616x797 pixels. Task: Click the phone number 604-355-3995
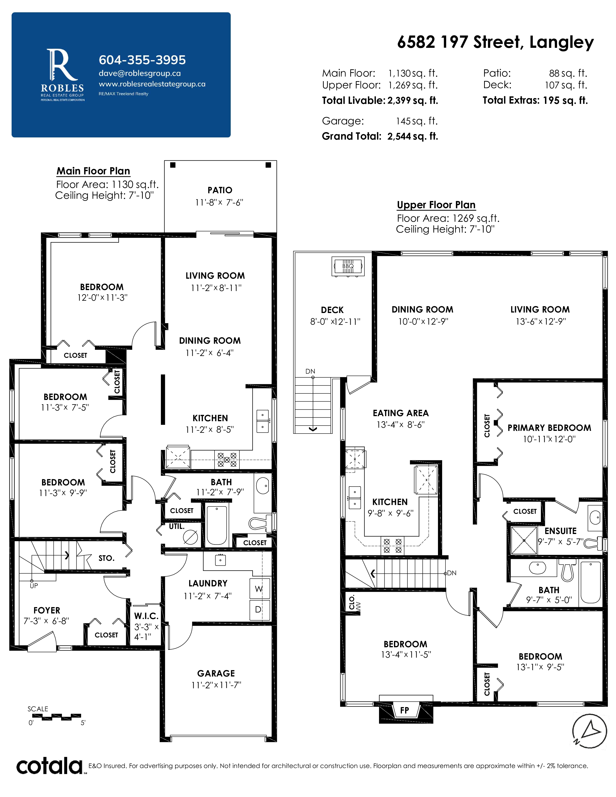point(142,60)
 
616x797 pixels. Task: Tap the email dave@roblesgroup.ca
point(140,73)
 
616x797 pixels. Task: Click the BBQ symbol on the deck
point(348,266)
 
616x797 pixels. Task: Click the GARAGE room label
point(216,673)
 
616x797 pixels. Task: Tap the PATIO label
point(220,190)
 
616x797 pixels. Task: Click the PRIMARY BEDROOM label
point(549,428)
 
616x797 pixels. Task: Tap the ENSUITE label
point(560,531)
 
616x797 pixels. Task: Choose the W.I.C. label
point(146,616)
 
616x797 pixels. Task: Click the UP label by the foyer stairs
point(34,586)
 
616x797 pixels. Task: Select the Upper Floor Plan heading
point(436,205)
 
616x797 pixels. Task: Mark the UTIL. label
point(177,527)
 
